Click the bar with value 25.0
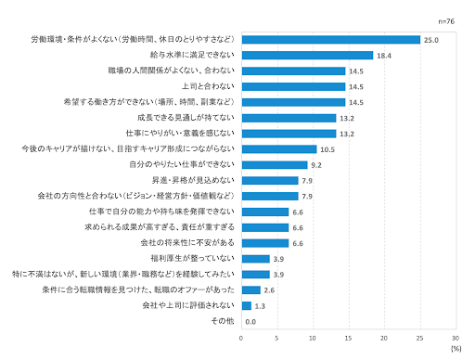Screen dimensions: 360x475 [x=330, y=40]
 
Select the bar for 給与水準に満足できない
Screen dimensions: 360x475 [x=307, y=56]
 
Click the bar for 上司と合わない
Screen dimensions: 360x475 [x=293, y=86]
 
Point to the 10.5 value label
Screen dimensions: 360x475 [x=327, y=149]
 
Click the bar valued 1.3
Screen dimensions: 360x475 [x=246, y=305]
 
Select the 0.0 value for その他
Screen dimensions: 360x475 [x=250, y=321]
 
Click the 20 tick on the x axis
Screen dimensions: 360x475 [x=384, y=338]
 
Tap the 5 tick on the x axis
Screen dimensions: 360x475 [x=277, y=338]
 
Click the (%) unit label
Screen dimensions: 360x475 [x=455, y=349]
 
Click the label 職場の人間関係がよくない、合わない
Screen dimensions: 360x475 [x=173, y=71]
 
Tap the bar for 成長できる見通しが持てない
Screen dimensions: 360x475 [x=289, y=118]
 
